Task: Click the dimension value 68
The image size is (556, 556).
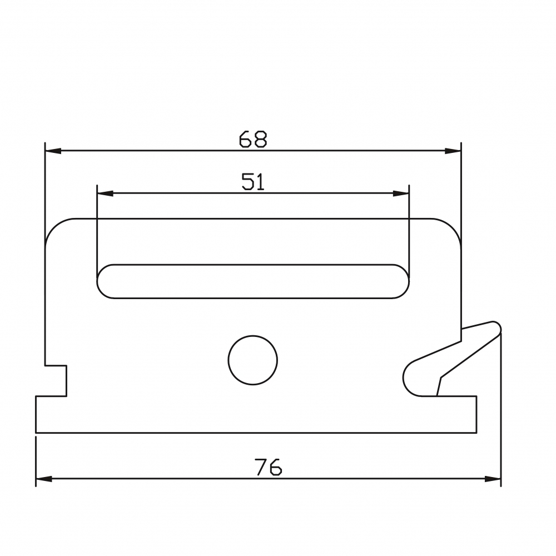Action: [253, 139]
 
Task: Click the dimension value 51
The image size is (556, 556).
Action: [253, 182]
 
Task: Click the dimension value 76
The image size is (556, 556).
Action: [269, 468]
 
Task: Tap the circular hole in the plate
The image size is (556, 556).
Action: [252, 360]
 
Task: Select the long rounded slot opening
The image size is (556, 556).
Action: [253, 281]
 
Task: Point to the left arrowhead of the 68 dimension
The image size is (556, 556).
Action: [52, 151]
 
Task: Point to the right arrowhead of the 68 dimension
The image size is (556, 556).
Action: [453, 151]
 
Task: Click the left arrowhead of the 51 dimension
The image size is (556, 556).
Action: [105, 193]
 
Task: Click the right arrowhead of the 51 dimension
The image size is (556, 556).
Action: [401, 193]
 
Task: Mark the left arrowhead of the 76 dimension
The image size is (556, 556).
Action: [43, 478]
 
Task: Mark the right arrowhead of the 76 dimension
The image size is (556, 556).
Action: [493, 478]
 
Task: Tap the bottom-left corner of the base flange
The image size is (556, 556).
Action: [37, 431]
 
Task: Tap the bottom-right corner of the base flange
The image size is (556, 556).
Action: [476, 431]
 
